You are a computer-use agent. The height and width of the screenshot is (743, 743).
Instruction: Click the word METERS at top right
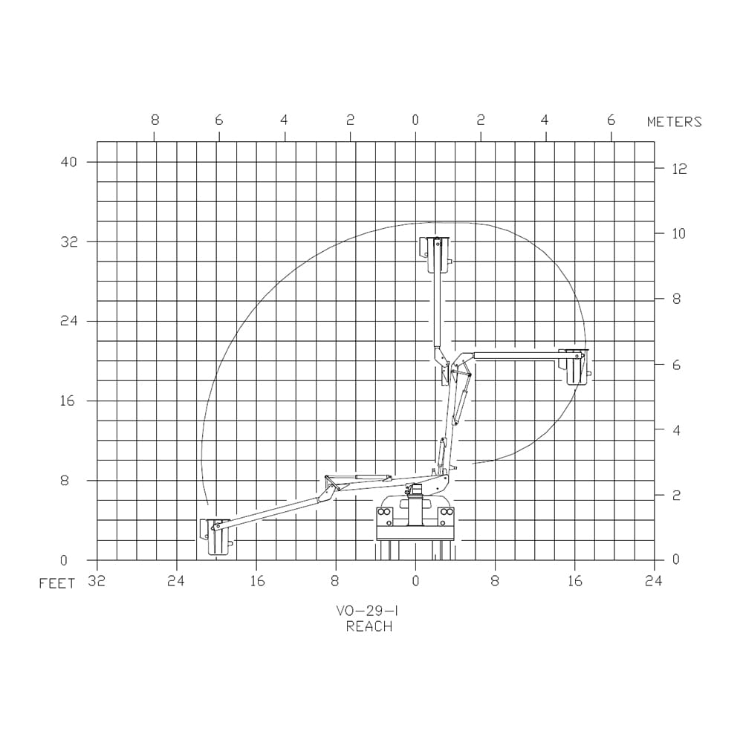[x=674, y=122]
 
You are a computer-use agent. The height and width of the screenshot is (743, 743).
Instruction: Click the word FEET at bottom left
[x=57, y=583]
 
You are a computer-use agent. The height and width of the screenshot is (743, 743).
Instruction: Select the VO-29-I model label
[x=367, y=611]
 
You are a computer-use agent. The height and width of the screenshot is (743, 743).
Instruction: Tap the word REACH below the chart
[x=369, y=626]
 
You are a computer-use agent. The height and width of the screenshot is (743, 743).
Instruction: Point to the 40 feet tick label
[x=68, y=161]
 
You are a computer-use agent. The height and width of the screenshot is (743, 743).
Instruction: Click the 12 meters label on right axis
[x=680, y=169]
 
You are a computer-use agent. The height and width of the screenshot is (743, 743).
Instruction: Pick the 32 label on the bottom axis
[x=97, y=581]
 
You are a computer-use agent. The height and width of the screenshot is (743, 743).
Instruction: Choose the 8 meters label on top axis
[x=155, y=120]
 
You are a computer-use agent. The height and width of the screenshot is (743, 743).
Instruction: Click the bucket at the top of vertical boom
[x=435, y=255]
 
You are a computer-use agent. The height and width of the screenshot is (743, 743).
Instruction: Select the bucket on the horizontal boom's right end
[x=574, y=367]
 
